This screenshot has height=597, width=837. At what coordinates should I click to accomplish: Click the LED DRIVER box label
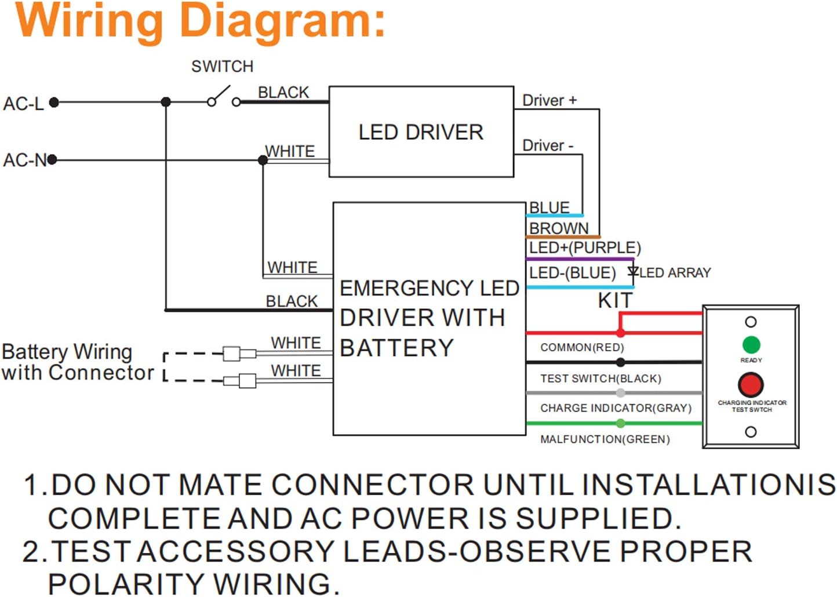tap(421, 132)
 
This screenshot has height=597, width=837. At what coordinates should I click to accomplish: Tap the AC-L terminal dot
tap(54, 103)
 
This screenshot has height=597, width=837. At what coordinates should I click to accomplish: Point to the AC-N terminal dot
tap(52, 159)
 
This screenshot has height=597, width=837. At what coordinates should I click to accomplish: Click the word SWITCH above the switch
tap(222, 67)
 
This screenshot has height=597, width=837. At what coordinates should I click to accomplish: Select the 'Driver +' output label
tap(549, 100)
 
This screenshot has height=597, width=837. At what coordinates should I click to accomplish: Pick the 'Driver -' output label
tap(547, 145)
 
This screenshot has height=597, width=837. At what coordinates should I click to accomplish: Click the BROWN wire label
tap(558, 228)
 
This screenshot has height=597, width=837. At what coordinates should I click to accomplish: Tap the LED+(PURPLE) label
tap(584, 248)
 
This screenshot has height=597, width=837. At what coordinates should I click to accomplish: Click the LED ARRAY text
tap(675, 272)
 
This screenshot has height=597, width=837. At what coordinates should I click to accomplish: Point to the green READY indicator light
tap(751, 345)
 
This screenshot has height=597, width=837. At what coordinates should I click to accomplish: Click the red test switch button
tap(751, 384)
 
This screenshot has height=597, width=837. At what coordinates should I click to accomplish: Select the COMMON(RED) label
tap(582, 347)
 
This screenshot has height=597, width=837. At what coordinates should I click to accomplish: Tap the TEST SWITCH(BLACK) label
tap(601, 378)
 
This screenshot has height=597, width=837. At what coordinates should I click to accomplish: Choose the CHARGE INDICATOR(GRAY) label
tap(616, 408)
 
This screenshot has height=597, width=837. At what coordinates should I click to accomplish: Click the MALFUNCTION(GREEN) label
tap(605, 439)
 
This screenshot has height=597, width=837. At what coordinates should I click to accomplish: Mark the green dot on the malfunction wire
tap(620, 424)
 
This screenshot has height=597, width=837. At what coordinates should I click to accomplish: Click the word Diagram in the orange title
tap(282, 22)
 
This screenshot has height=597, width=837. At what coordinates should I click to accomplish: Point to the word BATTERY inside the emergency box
tap(396, 348)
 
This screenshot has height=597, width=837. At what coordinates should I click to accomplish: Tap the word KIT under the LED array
tap(615, 301)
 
